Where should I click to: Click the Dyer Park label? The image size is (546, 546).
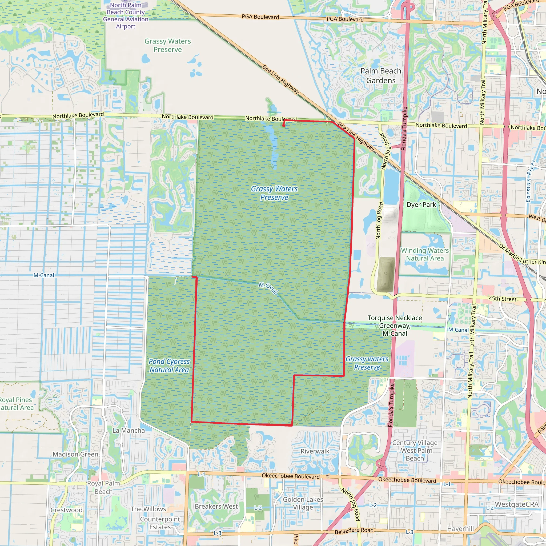421,204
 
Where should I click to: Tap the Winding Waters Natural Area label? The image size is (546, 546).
425,254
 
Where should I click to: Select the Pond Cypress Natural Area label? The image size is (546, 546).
169,366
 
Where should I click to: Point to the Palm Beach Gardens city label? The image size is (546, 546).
381,76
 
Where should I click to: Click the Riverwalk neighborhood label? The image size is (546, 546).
315,451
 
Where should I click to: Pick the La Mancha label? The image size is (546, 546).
129,430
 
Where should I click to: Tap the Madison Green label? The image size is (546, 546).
75,454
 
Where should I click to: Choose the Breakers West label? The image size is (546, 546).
216,507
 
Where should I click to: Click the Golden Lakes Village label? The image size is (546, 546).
303,503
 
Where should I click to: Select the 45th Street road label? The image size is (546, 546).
503,299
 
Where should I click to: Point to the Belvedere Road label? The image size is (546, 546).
354,531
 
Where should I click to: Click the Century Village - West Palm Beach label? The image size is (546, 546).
415,451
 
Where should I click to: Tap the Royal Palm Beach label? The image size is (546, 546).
103,487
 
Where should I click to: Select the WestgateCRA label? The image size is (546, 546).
517,504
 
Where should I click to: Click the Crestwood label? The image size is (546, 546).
66,510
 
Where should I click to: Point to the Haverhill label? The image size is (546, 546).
460,528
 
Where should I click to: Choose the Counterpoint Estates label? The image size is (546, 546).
160,523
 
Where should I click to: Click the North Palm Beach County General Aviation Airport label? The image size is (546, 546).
126,16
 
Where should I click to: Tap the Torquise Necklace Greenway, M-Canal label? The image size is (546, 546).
395,326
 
